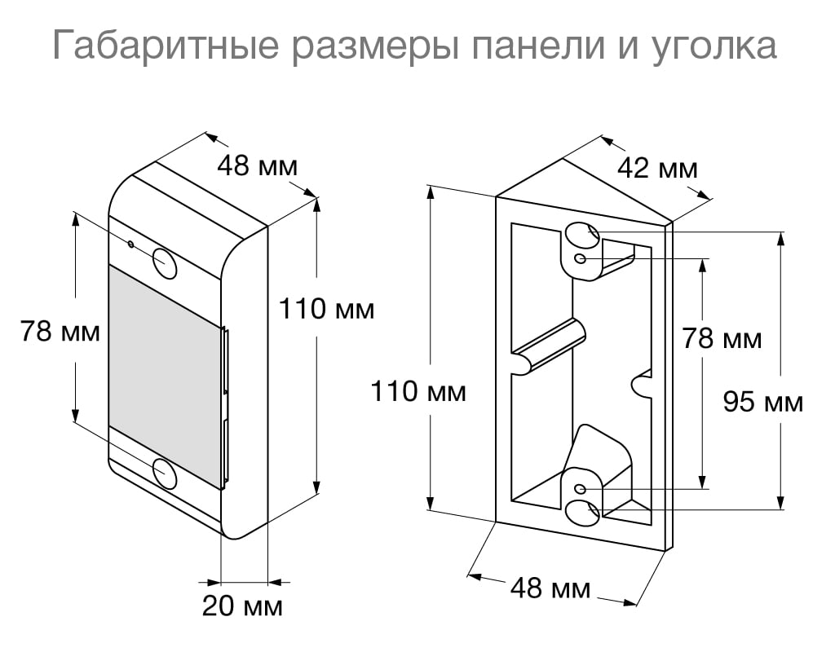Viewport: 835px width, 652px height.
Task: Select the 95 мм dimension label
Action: [x=763, y=402]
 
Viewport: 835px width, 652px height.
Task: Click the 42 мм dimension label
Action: [x=657, y=169]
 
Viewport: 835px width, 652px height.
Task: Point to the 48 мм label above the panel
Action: [x=257, y=166]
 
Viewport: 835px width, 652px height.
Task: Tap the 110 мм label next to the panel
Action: [x=326, y=309]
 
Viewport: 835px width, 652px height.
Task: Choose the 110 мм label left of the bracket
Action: [x=418, y=392]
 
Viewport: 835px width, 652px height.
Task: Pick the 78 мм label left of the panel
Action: [x=60, y=332]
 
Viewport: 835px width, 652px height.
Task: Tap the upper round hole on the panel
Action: [x=165, y=262]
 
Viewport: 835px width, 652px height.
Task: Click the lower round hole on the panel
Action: [x=164, y=473]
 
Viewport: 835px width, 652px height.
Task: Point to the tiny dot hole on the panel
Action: [x=130, y=243]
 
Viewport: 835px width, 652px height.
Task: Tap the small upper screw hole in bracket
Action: [x=580, y=258]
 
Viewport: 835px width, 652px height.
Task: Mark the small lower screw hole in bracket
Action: [x=580, y=488]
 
